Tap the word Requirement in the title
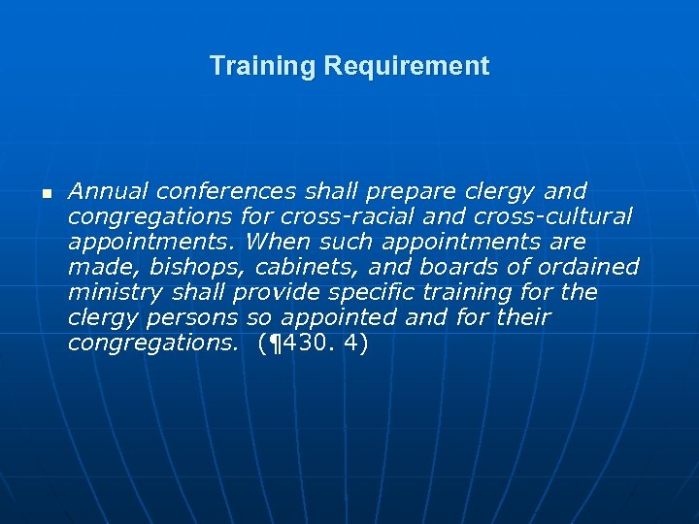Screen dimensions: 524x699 [407, 66]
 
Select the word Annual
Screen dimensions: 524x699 [108, 190]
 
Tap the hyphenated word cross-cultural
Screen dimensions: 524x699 [552, 215]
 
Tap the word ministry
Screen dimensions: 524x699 [112, 292]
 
